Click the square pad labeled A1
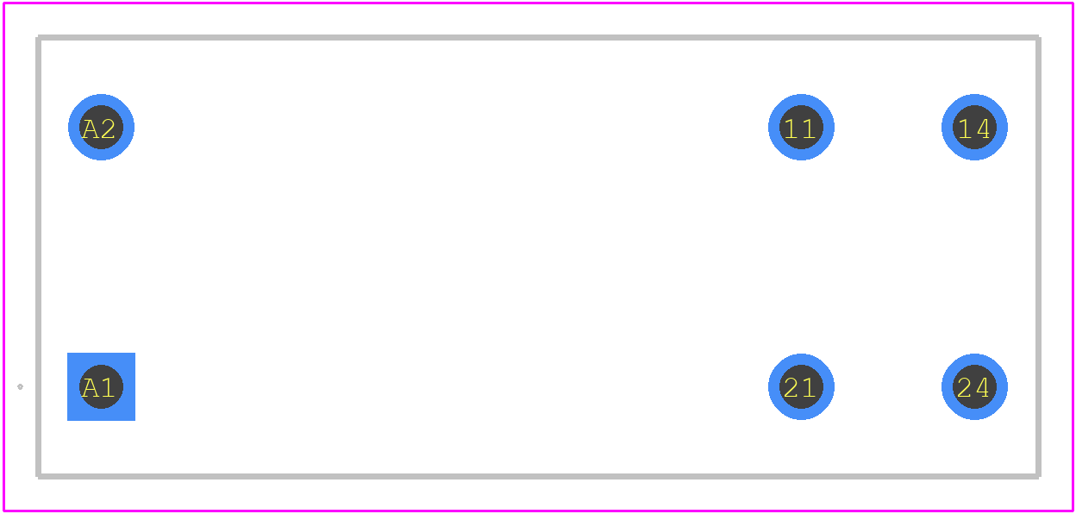[x=101, y=386]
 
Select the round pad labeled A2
[x=101, y=128]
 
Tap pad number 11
[x=801, y=128]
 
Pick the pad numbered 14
[x=974, y=128]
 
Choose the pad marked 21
[x=801, y=386]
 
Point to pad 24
[x=974, y=386]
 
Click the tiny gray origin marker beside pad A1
[x=20, y=386]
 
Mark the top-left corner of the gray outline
[x=39, y=38]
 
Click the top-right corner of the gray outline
[x=1039, y=38]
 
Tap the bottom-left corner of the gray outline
[x=39, y=477]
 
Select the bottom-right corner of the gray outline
[x=1039, y=477]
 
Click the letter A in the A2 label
[x=90, y=129]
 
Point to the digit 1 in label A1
[x=108, y=388]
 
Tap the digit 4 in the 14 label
[x=982, y=129]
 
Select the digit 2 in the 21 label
[x=791, y=388]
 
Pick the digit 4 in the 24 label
[x=982, y=388]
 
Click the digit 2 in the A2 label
[x=108, y=129]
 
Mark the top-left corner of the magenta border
[x=3, y=3]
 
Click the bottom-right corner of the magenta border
[x=1073, y=511]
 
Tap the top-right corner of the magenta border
[x=1073, y=3]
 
